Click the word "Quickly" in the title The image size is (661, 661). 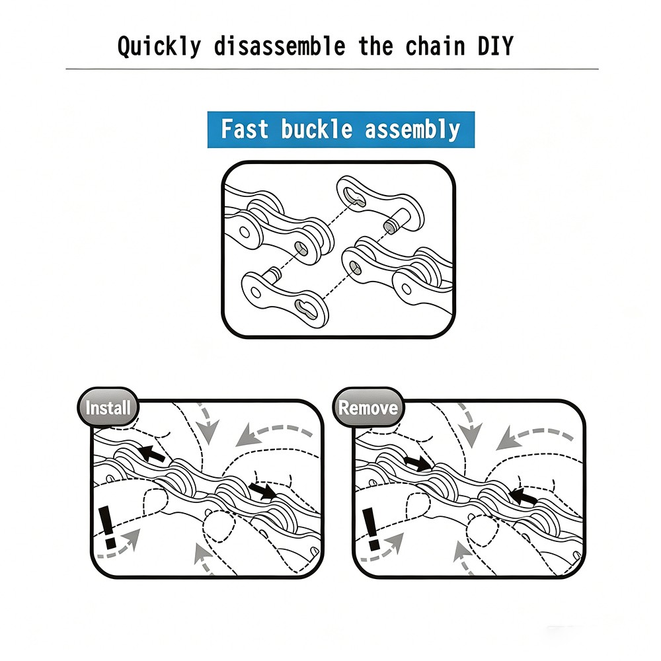pos(159,46)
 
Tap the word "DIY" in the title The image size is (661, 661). pos(495,46)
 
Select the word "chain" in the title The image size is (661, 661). pos(435,46)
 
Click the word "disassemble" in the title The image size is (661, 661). pos(280,46)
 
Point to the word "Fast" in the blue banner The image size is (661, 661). pos(245,129)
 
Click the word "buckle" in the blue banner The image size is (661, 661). pos(317,129)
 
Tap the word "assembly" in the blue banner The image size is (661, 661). pos(412,130)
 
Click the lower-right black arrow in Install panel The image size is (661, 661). pos(262,490)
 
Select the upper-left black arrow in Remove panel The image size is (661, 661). pos(417,462)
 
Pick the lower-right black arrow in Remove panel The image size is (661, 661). pos(523,495)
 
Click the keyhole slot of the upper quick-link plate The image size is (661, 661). pos(352,195)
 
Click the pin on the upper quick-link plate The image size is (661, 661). pos(393,223)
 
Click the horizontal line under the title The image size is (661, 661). pos(332,69)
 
